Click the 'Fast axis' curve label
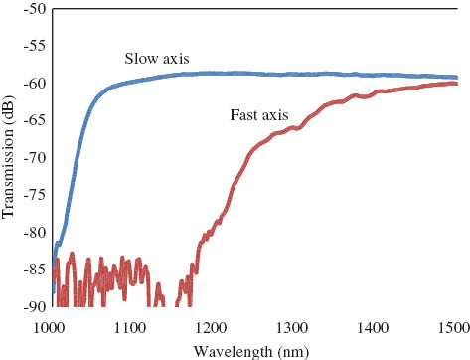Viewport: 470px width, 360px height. (x=260, y=115)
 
